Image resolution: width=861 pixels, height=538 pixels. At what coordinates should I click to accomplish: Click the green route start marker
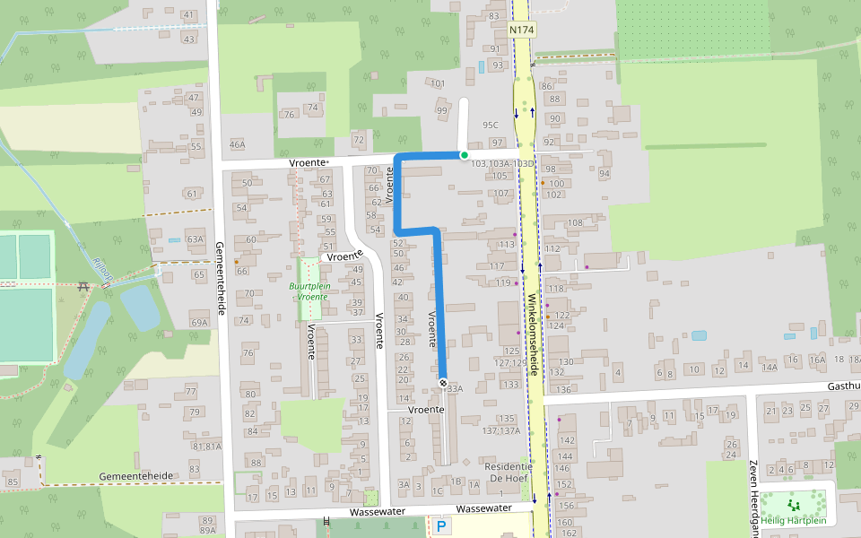click(x=464, y=155)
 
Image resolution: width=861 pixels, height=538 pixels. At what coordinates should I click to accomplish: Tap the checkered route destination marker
click(x=443, y=383)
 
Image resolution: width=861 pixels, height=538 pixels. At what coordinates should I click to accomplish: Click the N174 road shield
click(x=522, y=30)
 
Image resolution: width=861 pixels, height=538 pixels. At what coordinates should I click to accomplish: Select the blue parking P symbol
click(x=442, y=526)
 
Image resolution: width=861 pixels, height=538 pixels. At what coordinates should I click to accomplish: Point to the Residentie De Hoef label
click(x=509, y=473)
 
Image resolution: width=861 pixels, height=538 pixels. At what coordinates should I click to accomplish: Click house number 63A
click(x=196, y=239)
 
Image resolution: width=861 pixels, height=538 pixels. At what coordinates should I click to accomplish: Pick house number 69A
click(x=199, y=322)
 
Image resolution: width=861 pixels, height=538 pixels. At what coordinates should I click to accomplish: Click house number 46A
click(x=237, y=144)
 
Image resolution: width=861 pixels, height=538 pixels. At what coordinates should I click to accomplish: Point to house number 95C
click(x=490, y=125)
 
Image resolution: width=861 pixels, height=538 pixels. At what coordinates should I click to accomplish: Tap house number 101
click(x=438, y=83)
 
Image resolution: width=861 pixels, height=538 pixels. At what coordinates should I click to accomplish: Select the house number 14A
click(x=769, y=368)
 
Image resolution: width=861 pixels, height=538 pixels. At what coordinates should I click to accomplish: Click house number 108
click(x=575, y=221)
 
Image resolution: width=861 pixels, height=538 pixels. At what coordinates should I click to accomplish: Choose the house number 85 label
click(x=12, y=482)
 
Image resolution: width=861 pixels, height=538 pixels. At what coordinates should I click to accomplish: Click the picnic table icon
click(x=83, y=286)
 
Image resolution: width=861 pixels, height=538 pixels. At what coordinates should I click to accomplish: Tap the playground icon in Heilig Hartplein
click(x=794, y=506)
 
